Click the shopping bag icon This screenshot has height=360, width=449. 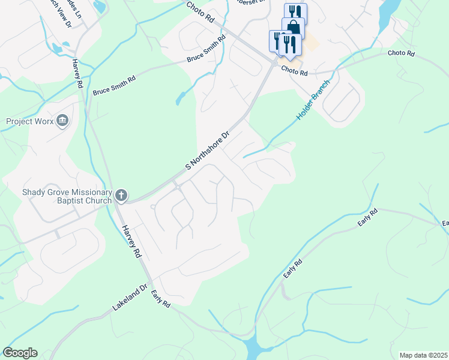pos(294,27)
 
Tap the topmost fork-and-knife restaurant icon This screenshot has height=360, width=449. pos(295,13)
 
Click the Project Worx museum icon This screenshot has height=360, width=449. pos(62,122)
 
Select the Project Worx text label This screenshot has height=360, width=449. pos(29,121)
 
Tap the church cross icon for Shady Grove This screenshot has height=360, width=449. pos(121,196)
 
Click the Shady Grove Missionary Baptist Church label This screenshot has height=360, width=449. pos(67,197)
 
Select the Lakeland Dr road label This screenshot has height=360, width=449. pos(129,298)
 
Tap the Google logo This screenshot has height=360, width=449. pos(20,352)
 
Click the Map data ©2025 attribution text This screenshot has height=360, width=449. pos(423,355)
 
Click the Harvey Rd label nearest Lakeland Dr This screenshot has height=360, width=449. pos(131,241)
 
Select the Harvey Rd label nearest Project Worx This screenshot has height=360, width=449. pos(76,74)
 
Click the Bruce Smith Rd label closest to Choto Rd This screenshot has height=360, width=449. pos(206,49)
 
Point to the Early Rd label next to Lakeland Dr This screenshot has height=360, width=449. pos(160,298)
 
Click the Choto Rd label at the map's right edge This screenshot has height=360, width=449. pos(401,53)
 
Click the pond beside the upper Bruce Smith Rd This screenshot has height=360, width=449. pos(181,97)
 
